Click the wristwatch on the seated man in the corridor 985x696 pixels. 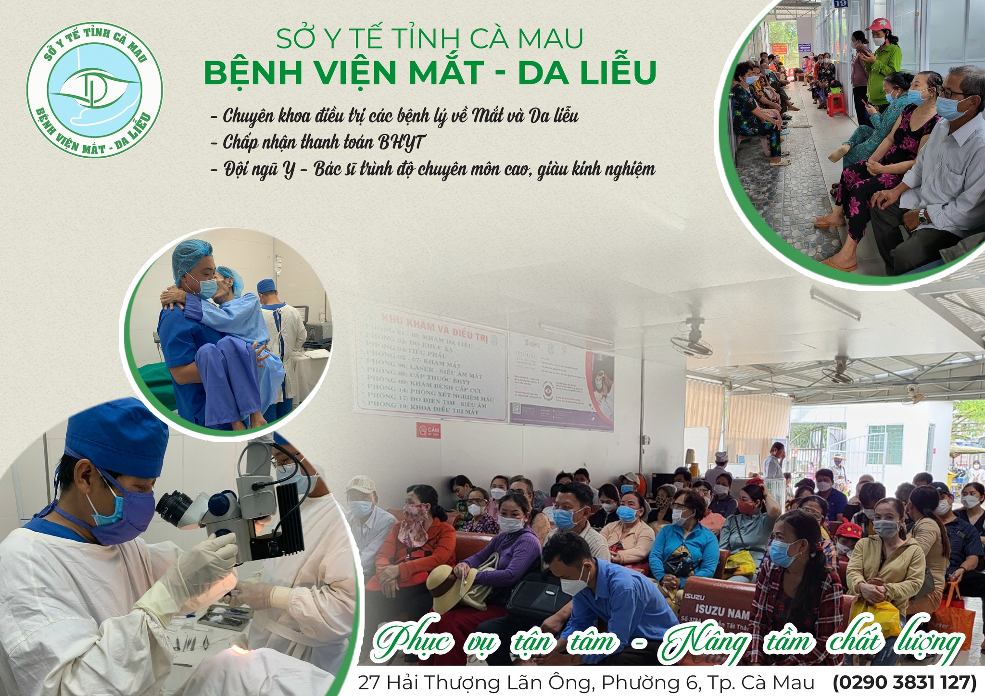tap(922, 216)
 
